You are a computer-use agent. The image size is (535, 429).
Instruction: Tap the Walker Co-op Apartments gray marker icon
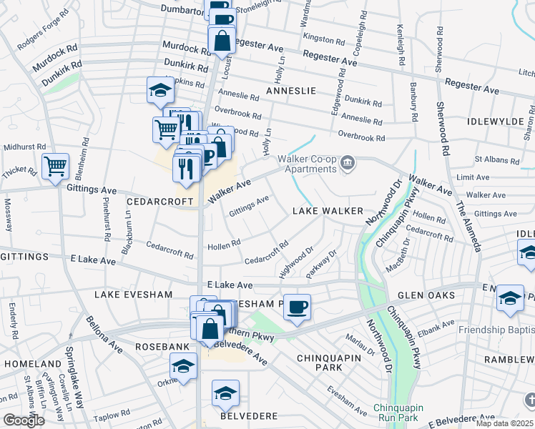(x=348, y=164)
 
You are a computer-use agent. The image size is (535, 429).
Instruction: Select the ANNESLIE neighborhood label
(x=290, y=92)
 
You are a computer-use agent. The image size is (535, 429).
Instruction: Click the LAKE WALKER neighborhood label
(x=328, y=212)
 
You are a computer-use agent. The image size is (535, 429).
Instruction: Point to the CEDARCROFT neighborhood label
(x=160, y=202)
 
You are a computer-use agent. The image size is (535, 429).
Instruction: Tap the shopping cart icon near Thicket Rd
(x=55, y=167)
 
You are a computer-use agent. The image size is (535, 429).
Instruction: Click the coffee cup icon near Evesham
(x=297, y=307)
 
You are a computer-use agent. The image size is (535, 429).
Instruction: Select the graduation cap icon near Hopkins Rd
(x=160, y=89)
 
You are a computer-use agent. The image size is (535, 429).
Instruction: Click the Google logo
(x=23, y=420)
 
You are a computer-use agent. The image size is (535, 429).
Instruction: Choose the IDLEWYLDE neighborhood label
(x=496, y=122)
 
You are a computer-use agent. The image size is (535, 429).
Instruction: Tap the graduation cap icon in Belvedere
(x=225, y=393)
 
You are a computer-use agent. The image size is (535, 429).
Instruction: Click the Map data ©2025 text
(x=504, y=423)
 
